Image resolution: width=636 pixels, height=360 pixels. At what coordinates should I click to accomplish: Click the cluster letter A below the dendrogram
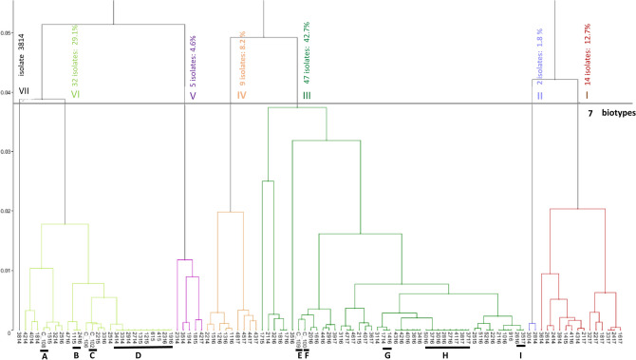(44, 356)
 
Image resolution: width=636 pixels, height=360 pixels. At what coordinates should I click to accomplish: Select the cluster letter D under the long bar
(139, 355)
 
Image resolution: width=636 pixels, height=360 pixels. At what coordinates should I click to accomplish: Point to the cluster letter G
(386, 356)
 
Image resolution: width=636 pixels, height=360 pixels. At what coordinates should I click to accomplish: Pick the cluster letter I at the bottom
(521, 356)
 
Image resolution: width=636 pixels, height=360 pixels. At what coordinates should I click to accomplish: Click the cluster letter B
(76, 356)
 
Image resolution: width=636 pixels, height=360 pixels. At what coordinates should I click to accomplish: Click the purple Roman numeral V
(193, 93)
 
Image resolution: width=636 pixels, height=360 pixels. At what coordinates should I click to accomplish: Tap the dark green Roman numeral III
(306, 94)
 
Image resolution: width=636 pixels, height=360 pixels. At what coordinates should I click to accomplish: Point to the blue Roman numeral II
(538, 94)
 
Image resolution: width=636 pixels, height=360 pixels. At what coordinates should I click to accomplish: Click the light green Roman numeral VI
(75, 93)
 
